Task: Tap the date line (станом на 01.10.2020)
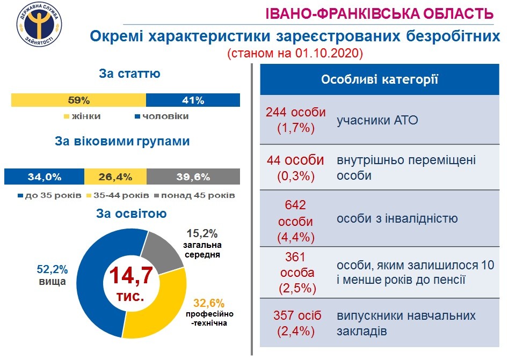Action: [x=295, y=54]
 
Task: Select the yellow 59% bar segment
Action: [x=78, y=100]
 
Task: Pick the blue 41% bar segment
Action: [x=193, y=100]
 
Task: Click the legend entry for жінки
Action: [x=83, y=116]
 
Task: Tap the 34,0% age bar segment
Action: [x=44, y=177]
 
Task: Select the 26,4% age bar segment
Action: [x=115, y=177]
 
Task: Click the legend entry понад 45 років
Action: [x=194, y=195]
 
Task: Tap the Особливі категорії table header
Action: [x=380, y=80]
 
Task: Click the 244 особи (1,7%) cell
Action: [x=296, y=121]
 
